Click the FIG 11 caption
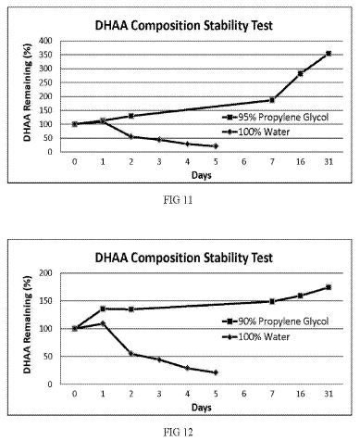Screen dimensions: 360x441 click(x=178, y=200)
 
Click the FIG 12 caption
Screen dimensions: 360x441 click(x=178, y=432)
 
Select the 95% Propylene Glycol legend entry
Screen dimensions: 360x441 click(x=275, y=117)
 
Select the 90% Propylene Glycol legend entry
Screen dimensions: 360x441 click(x=275, y=321)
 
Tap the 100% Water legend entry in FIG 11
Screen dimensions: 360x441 click(x=256, y=132)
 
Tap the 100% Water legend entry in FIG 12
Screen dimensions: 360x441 click(x=256, y=336)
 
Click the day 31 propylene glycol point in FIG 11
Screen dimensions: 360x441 click(x=329, y=54)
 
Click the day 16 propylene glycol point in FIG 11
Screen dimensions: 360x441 click(x=300, y=73)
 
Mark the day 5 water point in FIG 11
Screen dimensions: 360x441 click(x=216, y=146)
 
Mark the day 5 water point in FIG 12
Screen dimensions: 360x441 click(x=216, y=372)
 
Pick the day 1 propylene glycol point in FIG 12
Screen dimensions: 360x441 click(x=103, y=309)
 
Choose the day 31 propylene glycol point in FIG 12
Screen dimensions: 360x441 click(x=329, y=287)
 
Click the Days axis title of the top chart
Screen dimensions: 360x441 click(x=202, y=175)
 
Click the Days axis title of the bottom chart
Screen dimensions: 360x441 click(x=202, y=408)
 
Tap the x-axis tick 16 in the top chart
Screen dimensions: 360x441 click(x=301, y=161)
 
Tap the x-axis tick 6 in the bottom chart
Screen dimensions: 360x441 click(x=244, y=394)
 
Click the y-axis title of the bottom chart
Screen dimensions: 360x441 click(x=28, y=324)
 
